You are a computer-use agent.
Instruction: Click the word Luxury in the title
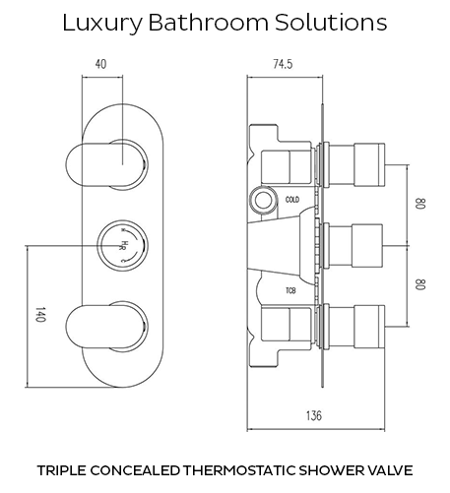pos(102,24)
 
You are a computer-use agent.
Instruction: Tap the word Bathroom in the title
pos(209,23)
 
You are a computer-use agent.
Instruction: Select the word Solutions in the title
pos(331,23)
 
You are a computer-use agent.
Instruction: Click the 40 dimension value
pos(100,64)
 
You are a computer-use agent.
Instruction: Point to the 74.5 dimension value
pos(283,64)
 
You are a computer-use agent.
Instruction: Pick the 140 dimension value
pos(39,315)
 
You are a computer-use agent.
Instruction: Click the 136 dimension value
pos(314,415)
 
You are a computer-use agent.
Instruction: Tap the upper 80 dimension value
pos(420,204)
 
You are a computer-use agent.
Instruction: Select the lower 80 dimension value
pos(420,284)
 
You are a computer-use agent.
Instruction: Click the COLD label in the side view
pos(292,200)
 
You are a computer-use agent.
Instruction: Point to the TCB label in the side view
pos(290,290)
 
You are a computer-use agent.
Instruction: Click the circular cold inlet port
pos(262,201)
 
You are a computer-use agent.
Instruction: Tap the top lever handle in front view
pos(105,164)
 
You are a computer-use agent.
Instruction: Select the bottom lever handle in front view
pos(105,327)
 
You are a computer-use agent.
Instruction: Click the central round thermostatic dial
pos(123,246)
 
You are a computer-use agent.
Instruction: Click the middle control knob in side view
pos(354,245)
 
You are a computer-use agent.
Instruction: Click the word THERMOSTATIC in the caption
pos(239,470)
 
